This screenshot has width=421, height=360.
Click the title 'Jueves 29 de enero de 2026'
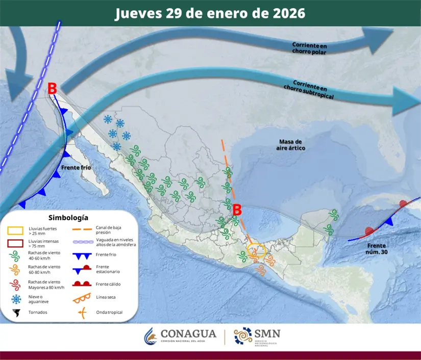210,13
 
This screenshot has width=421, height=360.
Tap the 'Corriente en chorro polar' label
310,48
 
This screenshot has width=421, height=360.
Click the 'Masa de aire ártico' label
292,144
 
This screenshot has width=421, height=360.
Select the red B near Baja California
52,88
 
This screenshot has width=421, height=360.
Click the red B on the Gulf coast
237,209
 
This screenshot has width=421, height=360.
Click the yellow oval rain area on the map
256,250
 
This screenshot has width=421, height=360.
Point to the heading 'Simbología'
68,217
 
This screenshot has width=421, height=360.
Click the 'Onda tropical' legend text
109,313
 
